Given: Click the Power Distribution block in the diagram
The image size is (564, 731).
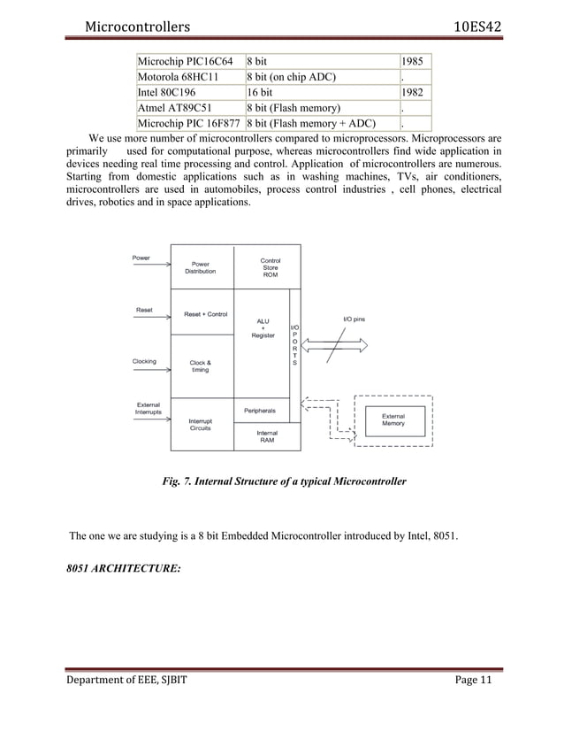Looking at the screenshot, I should pos(201,267).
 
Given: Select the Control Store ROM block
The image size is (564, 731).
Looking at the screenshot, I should pos(270,267).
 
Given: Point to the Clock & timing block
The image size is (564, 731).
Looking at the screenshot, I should pos(201,366).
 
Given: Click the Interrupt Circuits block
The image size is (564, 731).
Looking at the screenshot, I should pos(201,423).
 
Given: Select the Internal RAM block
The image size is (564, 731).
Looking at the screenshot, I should pos(267,436).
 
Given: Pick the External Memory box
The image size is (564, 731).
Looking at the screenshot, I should pos(393,419).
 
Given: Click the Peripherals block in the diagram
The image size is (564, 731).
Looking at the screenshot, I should pos(260,411).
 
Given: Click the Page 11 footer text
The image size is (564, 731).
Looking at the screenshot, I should pos(468,704).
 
